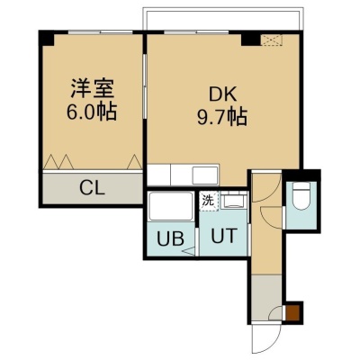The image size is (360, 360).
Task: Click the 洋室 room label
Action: (x=93, y=88)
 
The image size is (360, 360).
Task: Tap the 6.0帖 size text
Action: (x=92, y=112)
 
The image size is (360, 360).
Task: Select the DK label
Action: (x=223, y=94)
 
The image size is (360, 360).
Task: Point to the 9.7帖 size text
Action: (x=222, y=117)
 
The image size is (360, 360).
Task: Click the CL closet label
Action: (x=92, y=188)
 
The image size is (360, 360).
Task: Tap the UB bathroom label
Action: (x=170, y=238)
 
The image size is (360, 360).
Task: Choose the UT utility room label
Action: (x=224, y=236)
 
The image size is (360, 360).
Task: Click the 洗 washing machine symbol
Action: (x=209, y=201)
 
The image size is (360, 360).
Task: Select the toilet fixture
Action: (x=301, y=196)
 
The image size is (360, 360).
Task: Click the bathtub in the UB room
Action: (x=171, y=206)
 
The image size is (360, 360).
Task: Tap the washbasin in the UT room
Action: (x=233, y=201)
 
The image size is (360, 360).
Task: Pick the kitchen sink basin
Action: (x=205, y=175)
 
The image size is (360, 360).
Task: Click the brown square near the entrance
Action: (x=292, y=312)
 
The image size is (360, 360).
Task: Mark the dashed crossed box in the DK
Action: (x=272, y=40)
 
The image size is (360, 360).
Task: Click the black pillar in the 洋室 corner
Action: (x=47, y=39)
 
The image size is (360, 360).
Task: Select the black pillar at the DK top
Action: (x=251, y=40)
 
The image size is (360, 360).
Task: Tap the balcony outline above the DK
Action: (x=223, y=8)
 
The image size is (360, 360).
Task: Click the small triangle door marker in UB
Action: (x=189, y=251)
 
